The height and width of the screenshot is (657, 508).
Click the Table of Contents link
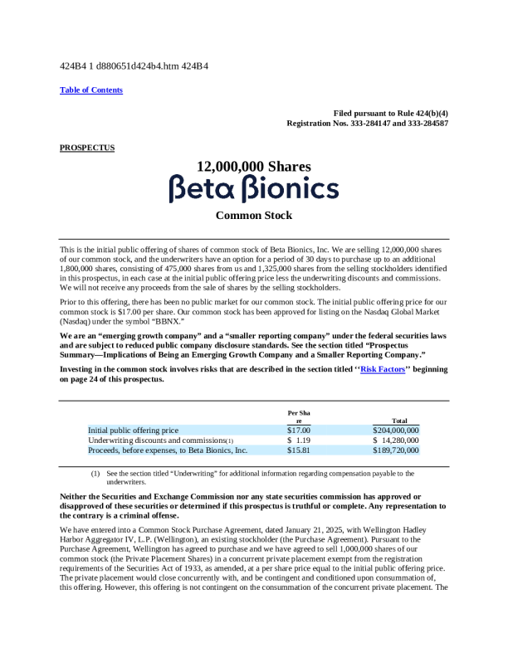click(91, 90)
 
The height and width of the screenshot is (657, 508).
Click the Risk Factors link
click(383, 370)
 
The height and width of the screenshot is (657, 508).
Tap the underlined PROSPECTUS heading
click(87, 148)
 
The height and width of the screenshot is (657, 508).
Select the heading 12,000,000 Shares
click(254, 166)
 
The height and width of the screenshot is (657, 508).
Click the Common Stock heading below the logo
click(254, 216)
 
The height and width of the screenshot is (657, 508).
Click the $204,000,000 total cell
click(396, 431)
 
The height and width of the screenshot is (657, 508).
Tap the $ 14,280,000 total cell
click(396, 440)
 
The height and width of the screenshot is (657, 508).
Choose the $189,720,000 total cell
click(396, 450)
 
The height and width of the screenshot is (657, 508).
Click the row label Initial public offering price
click(134, 431)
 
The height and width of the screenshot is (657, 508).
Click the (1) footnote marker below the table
click(95, 474)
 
